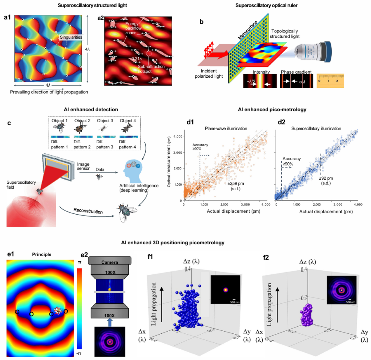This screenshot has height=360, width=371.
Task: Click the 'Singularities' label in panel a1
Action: (71, 37)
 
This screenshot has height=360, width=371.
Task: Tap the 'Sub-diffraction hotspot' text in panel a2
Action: (151, 69)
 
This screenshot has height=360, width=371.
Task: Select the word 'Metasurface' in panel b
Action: (248, 30)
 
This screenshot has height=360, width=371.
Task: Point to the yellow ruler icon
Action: (330, 80)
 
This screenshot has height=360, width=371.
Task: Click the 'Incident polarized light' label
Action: (209, 74)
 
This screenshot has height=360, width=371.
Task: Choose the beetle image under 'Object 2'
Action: (82, 128)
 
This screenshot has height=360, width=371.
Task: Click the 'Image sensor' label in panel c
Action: (83, 166)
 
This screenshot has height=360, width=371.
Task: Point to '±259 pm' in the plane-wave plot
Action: (236, 184)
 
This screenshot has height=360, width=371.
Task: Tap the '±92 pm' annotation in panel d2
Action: (326, 178)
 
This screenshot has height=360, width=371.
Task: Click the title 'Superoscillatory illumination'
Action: (316, 128)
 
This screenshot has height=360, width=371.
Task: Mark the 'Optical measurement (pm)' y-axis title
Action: (169, 162)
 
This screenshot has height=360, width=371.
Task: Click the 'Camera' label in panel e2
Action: (109, 262)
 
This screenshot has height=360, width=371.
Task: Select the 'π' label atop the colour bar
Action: (79, 262)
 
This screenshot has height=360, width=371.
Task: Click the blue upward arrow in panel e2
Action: (109, 322)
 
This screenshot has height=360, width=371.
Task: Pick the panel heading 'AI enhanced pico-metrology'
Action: (272, 109)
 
